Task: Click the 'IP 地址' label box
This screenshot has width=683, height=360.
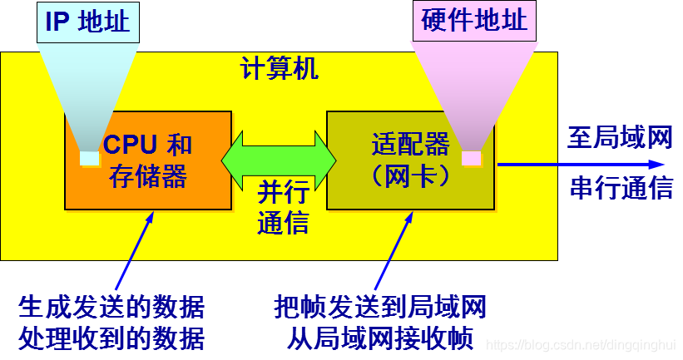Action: pos(87,22)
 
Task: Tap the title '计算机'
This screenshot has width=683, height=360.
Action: pos(280,69)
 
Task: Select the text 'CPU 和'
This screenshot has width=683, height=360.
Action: pos(148,145)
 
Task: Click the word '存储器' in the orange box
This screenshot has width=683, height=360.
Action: pos(148,176)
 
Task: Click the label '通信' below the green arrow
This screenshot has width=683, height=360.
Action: pos(283,223)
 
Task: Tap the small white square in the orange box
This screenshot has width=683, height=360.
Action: pos(88,157)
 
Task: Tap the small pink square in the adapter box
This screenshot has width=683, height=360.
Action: pos(471,157)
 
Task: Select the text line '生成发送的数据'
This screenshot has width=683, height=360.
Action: pos(111,307)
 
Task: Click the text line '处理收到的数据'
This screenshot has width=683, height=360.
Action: pos(111,338)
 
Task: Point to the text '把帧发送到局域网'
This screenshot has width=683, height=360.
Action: pos(380,307)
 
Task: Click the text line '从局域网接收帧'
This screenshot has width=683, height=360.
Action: pos(380,338)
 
